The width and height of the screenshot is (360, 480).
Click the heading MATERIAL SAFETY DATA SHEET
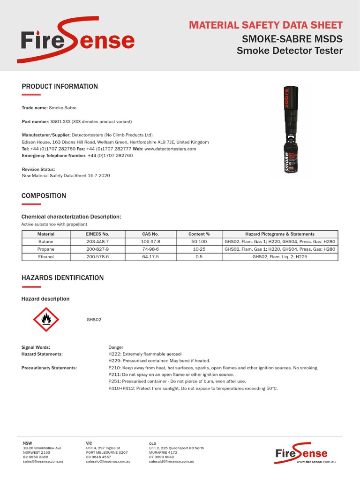pyautogui.click(x=266, y=25)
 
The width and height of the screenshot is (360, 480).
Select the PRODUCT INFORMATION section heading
pyautogui.click(x=60, y=87)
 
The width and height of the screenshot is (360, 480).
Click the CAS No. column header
pyautogui.click(x=150, y=234)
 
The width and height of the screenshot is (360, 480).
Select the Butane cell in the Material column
pyautogui.click(x=46, y=241)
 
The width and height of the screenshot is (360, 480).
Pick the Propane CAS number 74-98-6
pyautogui.click(x=150, y=249)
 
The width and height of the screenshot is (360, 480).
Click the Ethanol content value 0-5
pyautogui.click(x=199, y=257)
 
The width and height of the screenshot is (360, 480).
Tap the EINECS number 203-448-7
pyautogui.click(x=97, y=241)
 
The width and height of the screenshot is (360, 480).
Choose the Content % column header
pyautogui.click(x=199, y=234)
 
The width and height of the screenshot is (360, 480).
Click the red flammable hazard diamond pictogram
pyautogui.click(x=46, y=319)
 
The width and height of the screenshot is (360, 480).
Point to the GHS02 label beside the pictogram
pyautogui.click(x=94, y=320)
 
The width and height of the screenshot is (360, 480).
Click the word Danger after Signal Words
pyautogui.click(x=116, y=347)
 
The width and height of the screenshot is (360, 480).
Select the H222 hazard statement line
pyautogui.click(x=145, y=354)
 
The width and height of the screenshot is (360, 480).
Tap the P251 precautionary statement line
pyautogui.click(x=177, y=382)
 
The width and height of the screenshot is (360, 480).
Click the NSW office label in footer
pyautogui.click(x=27, y=443)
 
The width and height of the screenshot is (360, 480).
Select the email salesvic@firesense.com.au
pyautogui.click(x=108, y=462)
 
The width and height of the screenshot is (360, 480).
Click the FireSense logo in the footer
pyautogui.click(x=301, y=453)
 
